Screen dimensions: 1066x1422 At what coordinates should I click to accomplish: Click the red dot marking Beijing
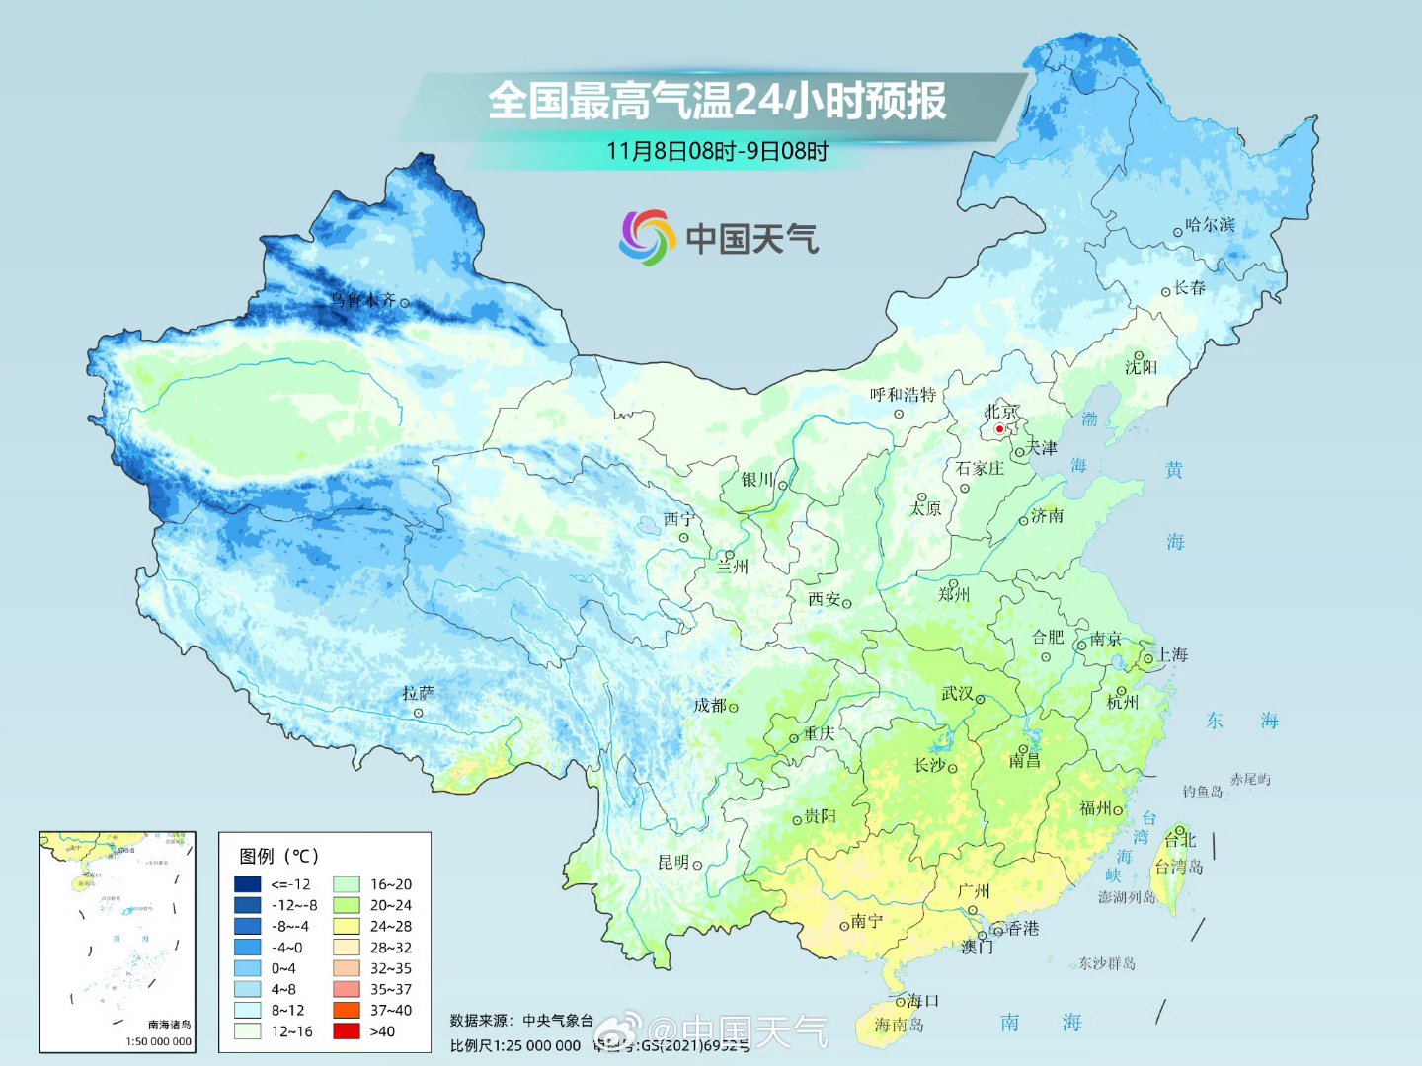coord(999,429)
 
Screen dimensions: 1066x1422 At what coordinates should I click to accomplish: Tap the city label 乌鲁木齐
coord(362,300)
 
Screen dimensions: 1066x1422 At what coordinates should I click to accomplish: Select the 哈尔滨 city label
coord(1211,225)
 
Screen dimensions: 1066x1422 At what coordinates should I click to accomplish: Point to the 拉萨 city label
coord(418,694)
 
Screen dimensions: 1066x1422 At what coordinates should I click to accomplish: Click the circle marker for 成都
coord(733,708)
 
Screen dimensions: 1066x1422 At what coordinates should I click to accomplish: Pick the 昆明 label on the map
coord(673,863)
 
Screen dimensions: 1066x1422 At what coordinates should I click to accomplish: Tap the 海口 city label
coord(923,1001)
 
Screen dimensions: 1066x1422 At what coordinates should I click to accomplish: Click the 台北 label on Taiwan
coord(1180,840)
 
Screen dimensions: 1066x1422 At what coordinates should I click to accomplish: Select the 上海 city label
coord(1172,655)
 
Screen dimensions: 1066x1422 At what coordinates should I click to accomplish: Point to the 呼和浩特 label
coord(903,395)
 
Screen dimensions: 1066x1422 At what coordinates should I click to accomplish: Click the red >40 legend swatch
coord(346,1031)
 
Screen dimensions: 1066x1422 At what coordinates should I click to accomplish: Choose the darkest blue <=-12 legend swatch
coord(247,884)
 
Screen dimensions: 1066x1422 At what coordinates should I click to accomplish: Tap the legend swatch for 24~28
coord(346,926)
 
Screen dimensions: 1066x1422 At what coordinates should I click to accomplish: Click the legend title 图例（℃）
coord(279,856)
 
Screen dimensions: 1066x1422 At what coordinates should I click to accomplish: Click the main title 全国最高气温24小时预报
coord(717,101)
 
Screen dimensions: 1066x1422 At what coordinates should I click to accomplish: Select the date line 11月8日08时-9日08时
coord(717,151)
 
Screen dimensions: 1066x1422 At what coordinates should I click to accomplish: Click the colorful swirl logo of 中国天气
coord(647,238)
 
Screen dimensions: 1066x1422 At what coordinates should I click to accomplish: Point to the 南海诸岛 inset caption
coord(169,1025)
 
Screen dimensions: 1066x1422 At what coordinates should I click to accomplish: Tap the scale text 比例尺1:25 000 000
coord(514,1045)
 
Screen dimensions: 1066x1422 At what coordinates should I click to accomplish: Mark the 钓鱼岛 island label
coord(1203,792)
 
